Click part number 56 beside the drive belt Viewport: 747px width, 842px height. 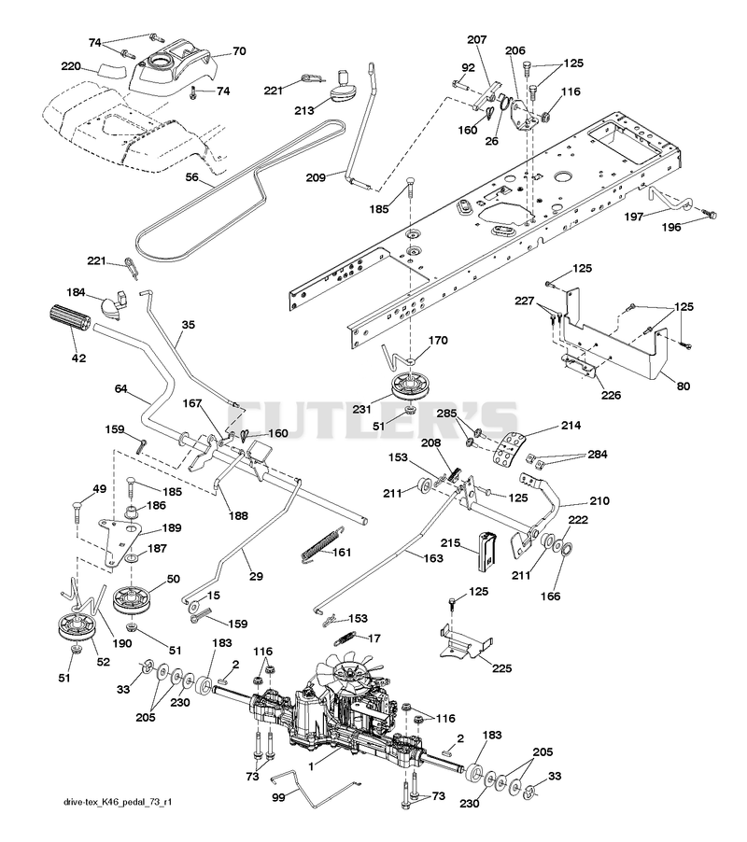(x=191, y=177)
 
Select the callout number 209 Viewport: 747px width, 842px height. (x=316, y=177)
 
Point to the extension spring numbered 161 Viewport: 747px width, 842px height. (x=321, y=544)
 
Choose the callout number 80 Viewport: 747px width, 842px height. (x=684, y=386)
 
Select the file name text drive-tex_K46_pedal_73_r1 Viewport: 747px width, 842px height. (x=118, y=802)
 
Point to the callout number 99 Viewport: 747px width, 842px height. (x=278, y=797)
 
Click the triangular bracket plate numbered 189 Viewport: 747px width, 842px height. (x=120, y=540)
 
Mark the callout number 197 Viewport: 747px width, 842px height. (x=634, y=217)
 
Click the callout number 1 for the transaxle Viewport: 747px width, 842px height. (x=312, y=766)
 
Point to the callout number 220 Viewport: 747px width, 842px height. (x=71, y=66)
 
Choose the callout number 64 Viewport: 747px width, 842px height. (x=121, y=388)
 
